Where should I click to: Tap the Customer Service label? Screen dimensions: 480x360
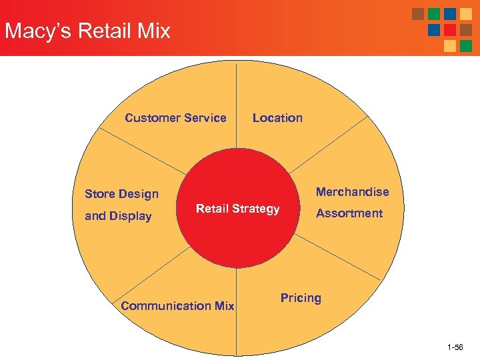[x=175, y=118]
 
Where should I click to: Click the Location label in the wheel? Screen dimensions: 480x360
[x=277, y=118]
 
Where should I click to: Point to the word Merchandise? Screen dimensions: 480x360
[x=352, y=192]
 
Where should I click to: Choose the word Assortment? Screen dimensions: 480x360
[x=349, y=213]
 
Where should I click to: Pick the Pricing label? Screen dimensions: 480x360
[x=301, y=298]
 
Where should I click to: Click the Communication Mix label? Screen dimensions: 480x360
[x=177, y=306]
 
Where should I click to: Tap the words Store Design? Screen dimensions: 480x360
[x=121, y=194]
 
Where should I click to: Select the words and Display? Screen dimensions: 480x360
[x=118, y=216]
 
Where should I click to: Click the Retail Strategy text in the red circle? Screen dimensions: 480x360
[x=237, y=209]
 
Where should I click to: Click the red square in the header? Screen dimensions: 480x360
[x=450, y=30]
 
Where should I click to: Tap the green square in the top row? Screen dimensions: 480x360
[x=434, y=14]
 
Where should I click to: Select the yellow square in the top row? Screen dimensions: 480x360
[x=466, y=14]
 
